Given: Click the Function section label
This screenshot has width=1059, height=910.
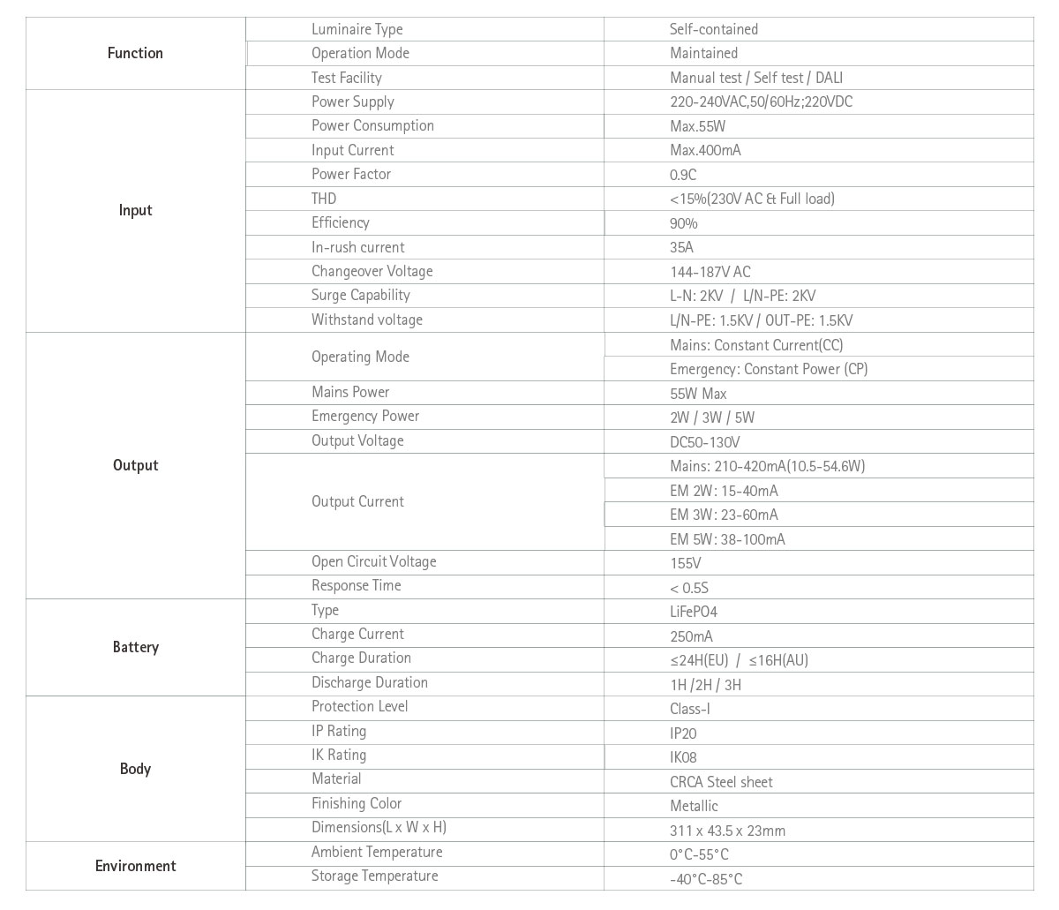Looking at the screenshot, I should click(135, 53).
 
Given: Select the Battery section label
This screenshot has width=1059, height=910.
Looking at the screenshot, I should click(135, 647).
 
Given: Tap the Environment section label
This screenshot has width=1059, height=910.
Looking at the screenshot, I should click(135, 866).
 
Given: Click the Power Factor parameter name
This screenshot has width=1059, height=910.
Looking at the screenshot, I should click(350, 174).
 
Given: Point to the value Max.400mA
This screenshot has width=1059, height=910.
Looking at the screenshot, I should click(705, 150).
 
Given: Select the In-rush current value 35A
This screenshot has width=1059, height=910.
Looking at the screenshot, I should click(681, 247).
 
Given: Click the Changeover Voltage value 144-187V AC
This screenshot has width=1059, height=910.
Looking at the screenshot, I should click(710, 272).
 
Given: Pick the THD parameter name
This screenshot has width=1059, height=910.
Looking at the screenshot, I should click(324, 199).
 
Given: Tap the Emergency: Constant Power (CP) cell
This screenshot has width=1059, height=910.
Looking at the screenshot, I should click(768, 369).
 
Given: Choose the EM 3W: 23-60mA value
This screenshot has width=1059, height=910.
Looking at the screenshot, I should click(724, 515).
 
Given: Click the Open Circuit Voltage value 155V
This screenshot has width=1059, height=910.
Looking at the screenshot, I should click(685, 563).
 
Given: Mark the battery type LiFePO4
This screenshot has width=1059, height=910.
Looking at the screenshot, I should click(694, 612).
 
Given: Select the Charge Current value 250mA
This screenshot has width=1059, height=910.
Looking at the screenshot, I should click(691, 636).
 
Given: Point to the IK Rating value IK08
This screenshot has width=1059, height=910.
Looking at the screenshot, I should click(683, 757).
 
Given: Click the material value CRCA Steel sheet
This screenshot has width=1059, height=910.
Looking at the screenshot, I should click(721, 782).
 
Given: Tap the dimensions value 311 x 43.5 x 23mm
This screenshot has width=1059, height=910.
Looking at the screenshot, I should click(727, 831).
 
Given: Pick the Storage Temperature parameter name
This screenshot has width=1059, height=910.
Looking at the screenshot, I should click(374, 876).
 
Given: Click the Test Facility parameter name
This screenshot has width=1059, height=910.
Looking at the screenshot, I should click(346, 78).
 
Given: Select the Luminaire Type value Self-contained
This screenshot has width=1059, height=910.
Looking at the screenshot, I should click(713, 29).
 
